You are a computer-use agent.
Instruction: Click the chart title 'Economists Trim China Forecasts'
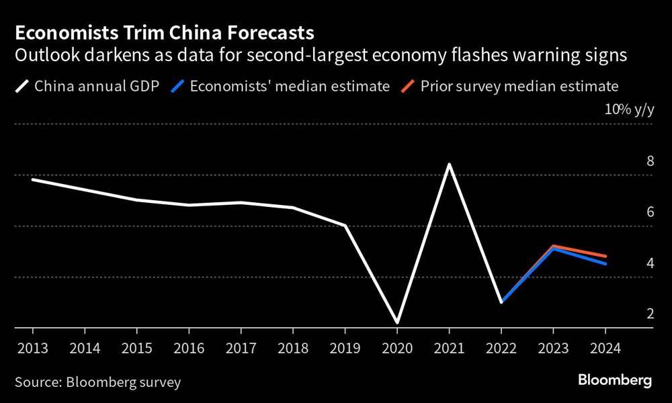coord(164,32)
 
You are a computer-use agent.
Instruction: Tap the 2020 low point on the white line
coord(396,322)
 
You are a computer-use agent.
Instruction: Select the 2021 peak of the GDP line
coord(448,165)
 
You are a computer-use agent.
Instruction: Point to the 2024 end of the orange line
coord(605,256)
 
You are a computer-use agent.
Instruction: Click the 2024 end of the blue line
coord(605,264)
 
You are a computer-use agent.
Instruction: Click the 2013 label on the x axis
coord(32,349)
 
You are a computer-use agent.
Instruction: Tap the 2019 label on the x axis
coord(345,349)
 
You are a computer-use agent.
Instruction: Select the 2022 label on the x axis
coord(501,349)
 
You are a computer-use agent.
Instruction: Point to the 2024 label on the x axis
coord(605,349)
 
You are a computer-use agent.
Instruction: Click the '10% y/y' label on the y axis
coord(628,110)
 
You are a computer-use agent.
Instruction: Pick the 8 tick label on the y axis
coord(650,161)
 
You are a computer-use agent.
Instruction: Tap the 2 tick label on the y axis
coord(650,314)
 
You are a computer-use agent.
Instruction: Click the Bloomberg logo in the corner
coord(615,380)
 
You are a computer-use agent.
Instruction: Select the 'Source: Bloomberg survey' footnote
coord(98,382)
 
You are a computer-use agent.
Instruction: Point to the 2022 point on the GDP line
coord(501,302)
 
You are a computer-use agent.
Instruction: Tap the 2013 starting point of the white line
coord(33,179)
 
